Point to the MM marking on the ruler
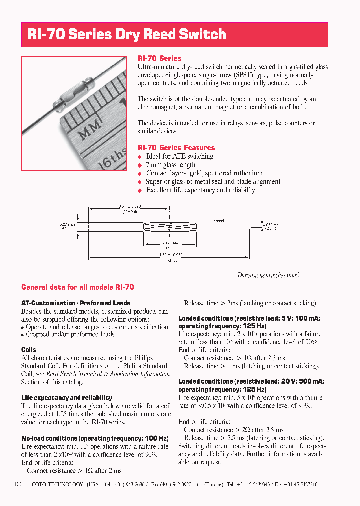(x=90, y=131)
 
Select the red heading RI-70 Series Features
(x=176, y=148)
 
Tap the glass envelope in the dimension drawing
(x=170, y=226)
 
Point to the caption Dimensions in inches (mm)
(x=268, y=275)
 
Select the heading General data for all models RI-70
(x=77, y=287)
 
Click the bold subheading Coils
(x=29, y=350)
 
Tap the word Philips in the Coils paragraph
(x=143, y=358)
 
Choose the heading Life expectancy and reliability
(x=67, y=398)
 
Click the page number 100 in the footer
(x=19, y=484)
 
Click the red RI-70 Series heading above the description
(x=159, y=58)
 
